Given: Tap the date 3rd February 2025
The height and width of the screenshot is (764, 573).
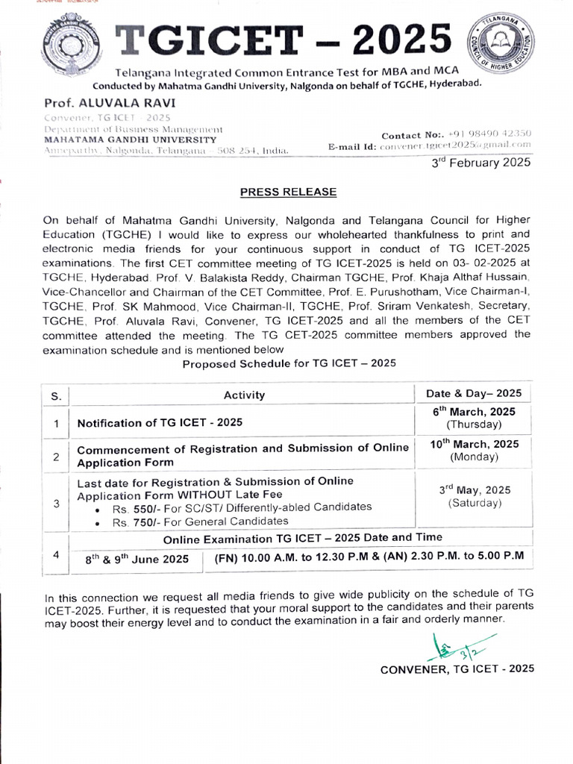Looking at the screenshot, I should [481, 162].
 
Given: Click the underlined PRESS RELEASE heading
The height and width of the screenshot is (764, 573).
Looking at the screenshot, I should [288, 192].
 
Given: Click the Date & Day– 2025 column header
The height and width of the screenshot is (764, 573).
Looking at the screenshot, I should [473, 393].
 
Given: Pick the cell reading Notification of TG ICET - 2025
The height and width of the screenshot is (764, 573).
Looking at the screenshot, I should [160, 422].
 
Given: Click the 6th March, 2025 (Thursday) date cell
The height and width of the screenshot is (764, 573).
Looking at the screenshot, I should [473, 418].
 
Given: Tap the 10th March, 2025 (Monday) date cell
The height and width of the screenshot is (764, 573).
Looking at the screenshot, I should [473, 451].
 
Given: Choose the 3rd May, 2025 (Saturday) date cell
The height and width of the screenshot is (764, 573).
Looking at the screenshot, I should [475, 496].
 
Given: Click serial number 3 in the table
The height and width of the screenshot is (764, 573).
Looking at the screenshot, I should [56, 503].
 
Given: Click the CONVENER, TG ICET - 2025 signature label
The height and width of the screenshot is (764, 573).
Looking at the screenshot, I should [457, 669].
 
